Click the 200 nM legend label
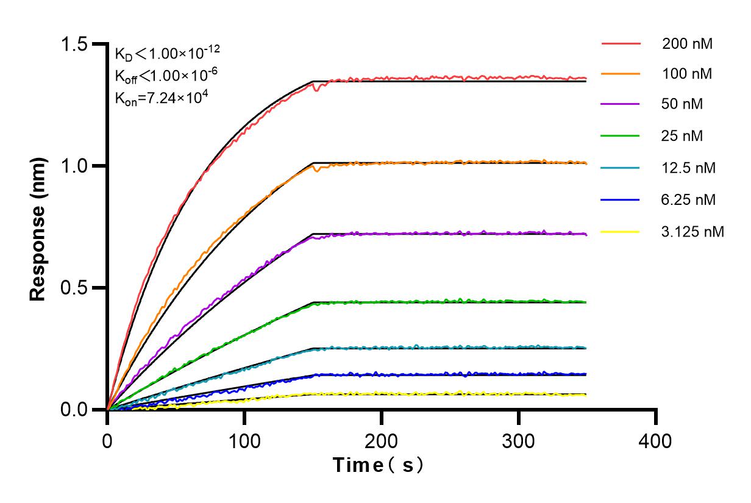(688, 44)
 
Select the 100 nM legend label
(688, 74)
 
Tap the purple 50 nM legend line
(621, 104)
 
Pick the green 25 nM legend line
(621, 136)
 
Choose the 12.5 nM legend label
(689, 168)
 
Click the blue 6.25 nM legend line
(621, 199)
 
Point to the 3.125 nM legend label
(693, 232)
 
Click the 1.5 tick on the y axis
(75, 45)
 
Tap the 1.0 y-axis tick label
(75, 166)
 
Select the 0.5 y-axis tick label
(75, 288)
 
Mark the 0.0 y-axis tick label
(75, 410)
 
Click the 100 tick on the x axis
(244, 440)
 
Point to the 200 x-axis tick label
(382, 440)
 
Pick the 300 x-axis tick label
(519, 440)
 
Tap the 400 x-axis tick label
(656, 440)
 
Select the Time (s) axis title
(379, 466)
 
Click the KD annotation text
(163, 55)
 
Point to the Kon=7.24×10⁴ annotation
(162, 97)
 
